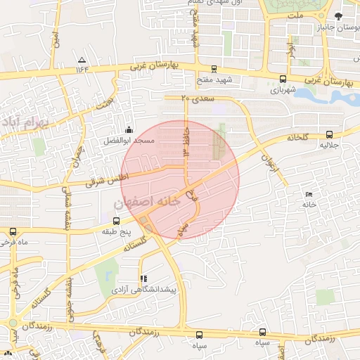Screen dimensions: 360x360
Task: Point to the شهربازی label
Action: tap(284, 90)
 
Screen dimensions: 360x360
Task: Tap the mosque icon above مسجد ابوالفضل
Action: tap(129, 130)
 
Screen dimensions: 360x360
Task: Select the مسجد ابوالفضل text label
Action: tap(131, 141)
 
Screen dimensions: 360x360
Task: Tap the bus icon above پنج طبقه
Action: tap(106, 220)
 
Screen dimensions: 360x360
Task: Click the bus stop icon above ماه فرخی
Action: tap(13, 231)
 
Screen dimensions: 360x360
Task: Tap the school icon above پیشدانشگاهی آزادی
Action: tap(144, 278)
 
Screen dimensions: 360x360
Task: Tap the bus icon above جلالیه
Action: tap(330, 135)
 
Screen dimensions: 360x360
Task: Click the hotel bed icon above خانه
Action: tap(308, 194)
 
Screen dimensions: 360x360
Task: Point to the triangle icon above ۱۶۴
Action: tap(83, 60)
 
